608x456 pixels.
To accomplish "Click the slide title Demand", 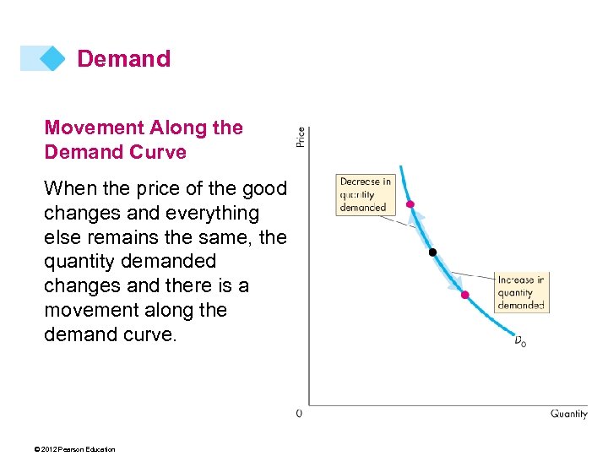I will coord(123,59).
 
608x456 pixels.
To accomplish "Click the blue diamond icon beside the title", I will coord(52,58).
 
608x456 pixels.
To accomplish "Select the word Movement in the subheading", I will coord(93,128).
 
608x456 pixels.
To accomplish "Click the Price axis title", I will coord(301,137).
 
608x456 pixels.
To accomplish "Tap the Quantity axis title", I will coord(568,414).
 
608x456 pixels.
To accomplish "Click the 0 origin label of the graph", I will coord(300,414).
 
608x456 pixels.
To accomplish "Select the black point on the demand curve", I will coord(432,252).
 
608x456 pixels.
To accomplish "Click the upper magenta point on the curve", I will coord(410,204).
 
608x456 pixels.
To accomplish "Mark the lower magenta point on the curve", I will coord(464,294).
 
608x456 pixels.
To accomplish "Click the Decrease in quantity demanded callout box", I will coord(365,194).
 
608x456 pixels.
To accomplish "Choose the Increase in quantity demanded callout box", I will coord(521,292).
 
